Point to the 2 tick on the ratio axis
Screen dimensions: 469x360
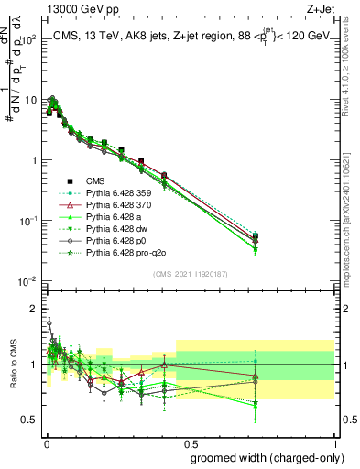[x=34, y=308]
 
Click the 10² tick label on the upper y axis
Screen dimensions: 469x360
[x=28, y=39]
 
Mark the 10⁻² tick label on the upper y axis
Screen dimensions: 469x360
[x=28, y=280]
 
